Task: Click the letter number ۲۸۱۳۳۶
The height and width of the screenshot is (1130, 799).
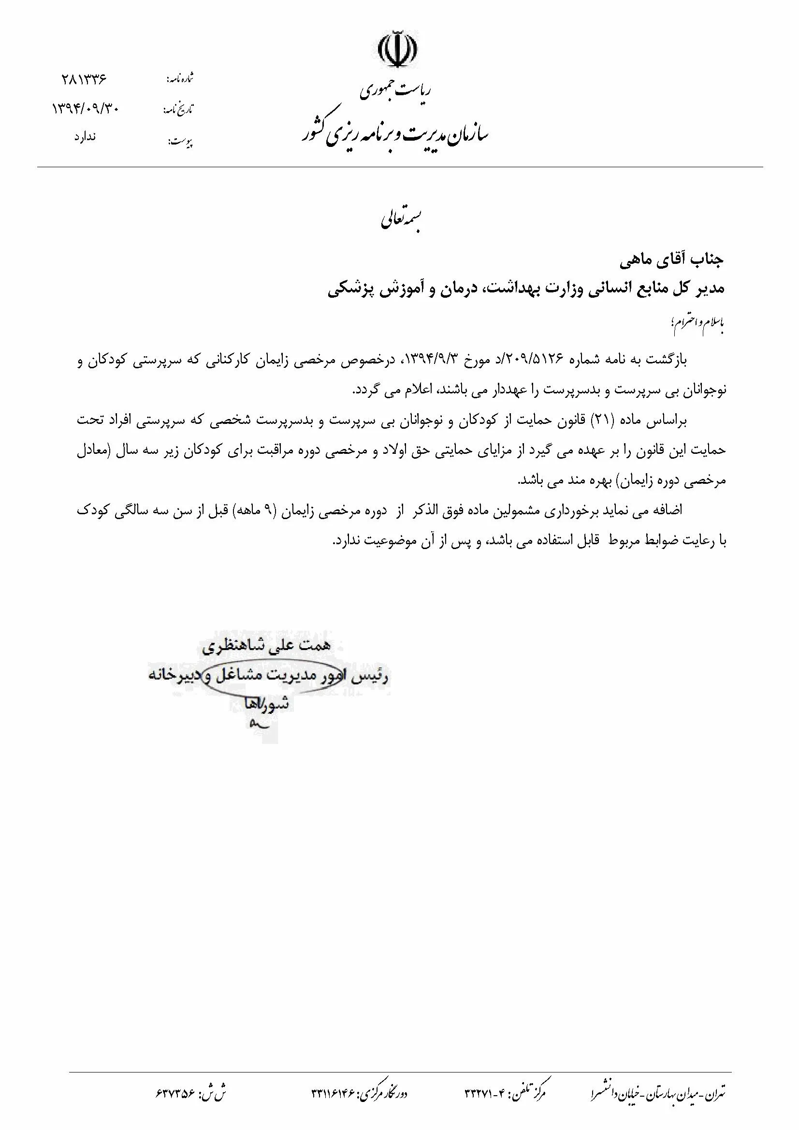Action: [x=84, y=79]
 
